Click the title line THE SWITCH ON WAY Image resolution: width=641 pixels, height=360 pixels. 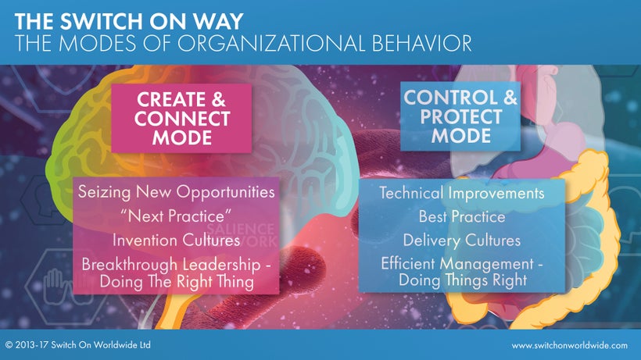pyautogui.click(x=129, y=22)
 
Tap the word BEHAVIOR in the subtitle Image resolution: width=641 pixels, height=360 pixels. pyautogui.click(x=422, y=43)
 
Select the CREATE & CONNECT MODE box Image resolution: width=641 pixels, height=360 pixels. pyautogui.click(x=181, y=119)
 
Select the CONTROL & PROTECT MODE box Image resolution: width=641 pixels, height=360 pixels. pyautogui.click(x=460, y=116)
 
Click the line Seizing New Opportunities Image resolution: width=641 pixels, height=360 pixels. pyautogui.click(x=176, y=192)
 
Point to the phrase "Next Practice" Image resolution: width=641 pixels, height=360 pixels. pyautogui.click(x=176, y=216)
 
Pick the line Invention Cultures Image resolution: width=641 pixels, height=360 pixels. pyautogui.click(x=176, y=240)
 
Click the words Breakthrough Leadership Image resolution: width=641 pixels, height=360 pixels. pyautogui.click(x=171, y=265)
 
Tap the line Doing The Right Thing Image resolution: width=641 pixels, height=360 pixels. pyautogui.click(x=177, y=282)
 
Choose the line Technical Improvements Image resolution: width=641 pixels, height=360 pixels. pyautogui.click(x=462, y=193)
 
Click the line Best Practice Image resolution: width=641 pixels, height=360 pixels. pyautogui.click(x=462, y=216)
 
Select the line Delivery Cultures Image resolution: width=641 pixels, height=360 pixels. pyautogui.click(x=462, y=240)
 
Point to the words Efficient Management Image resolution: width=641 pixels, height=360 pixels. pyautogui.click(x=457, y=264)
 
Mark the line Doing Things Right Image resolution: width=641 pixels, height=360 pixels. pyautogui.click(x=463, y=280)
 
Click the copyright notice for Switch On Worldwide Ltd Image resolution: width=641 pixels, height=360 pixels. pyautogui.click(x=78, y=345)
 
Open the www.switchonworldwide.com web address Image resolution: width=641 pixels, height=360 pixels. pyautogui.click(x=569, y=346)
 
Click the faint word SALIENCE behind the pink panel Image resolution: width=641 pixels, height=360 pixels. pyautogui.click(x=241, y=229)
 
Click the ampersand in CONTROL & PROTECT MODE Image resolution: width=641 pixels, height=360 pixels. pyautogui.click(x=510, y=98)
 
